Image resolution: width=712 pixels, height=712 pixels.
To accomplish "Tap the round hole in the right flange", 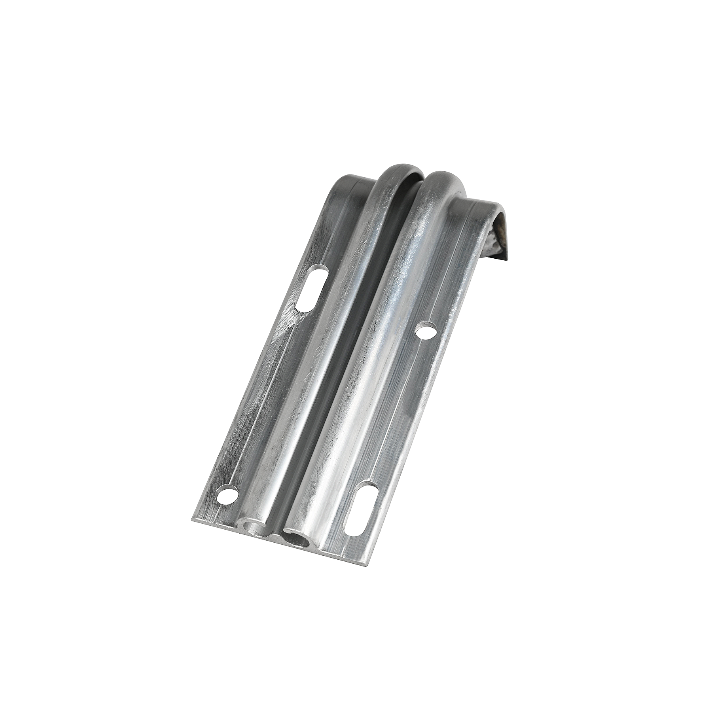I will [x=425, y=331].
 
